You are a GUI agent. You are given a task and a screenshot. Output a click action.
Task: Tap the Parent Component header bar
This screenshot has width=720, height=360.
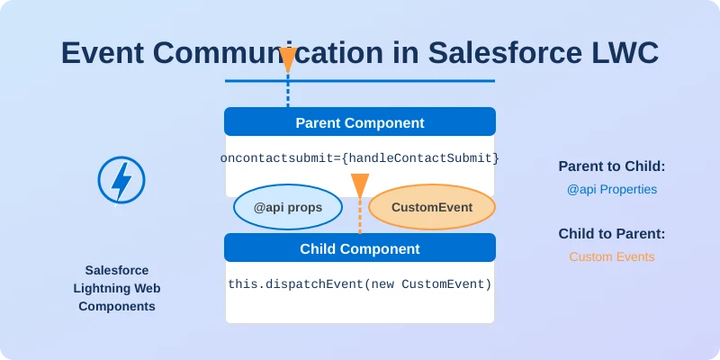coord(360,122)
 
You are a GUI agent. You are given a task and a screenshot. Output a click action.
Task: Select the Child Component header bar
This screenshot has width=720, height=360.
coord(360,248)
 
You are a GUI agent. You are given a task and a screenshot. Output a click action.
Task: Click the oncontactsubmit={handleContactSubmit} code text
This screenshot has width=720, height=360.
coord(360,158)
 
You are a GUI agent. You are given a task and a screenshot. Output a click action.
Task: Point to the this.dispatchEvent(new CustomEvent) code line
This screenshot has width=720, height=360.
coord(360,284)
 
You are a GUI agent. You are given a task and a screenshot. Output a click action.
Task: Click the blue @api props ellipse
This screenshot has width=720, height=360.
coord(289,208)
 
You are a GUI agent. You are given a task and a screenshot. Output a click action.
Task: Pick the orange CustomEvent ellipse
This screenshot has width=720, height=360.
coord(432,208)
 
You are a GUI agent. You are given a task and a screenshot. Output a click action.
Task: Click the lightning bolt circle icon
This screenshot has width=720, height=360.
coord(121,179)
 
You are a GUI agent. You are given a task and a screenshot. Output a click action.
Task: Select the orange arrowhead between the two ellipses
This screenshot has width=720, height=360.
coord(360,185)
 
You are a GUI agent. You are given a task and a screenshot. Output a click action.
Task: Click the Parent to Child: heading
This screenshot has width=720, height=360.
coord(611,166)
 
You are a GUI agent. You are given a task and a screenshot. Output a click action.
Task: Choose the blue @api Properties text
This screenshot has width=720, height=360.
coord(611,190)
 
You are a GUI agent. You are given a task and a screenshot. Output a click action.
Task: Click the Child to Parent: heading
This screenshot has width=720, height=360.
coord(611,234)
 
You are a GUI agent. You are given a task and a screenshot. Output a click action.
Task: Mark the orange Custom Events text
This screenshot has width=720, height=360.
coord(611,257)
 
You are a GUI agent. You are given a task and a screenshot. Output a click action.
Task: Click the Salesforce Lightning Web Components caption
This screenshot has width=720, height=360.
coord(116,288)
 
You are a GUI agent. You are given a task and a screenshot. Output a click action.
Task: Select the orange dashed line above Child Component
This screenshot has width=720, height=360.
coord(360,216)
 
